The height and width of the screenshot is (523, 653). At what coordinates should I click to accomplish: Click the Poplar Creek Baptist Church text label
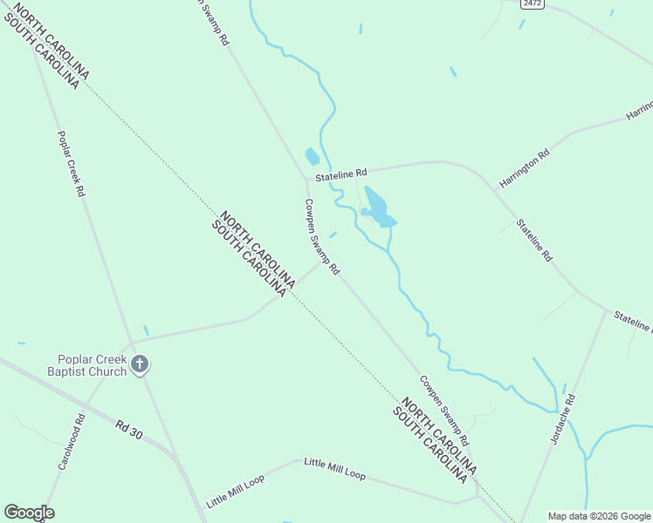point(92,364)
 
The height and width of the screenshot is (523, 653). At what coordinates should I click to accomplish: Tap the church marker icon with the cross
point(140,364)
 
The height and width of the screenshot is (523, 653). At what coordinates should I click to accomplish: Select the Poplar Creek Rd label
point(71,164)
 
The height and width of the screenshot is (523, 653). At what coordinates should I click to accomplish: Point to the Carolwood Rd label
point(72,442)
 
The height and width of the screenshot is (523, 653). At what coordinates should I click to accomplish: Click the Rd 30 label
point(128,428)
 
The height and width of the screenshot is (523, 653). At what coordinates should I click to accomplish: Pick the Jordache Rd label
point(562,421)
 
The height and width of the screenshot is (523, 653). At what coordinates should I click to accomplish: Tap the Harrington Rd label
point(525,168)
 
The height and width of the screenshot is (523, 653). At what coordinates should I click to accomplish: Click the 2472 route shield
point(533,3)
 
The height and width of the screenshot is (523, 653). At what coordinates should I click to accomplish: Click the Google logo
point(29,513)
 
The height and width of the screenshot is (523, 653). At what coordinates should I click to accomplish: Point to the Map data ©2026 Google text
point(600,516)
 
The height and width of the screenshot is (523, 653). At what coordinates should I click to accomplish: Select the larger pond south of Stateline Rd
point(377,207)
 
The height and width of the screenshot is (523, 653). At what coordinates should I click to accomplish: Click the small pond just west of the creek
point(311,157)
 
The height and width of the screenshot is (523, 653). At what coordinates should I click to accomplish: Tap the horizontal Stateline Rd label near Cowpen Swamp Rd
point(341,173)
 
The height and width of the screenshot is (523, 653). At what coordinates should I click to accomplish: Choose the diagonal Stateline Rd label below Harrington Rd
point(534,240)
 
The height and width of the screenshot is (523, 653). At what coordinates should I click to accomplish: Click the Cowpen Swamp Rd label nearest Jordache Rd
point(444,409)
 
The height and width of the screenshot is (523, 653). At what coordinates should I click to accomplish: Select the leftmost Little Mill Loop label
point(236,492)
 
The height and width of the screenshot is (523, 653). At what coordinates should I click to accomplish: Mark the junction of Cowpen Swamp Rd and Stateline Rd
point(306,180)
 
